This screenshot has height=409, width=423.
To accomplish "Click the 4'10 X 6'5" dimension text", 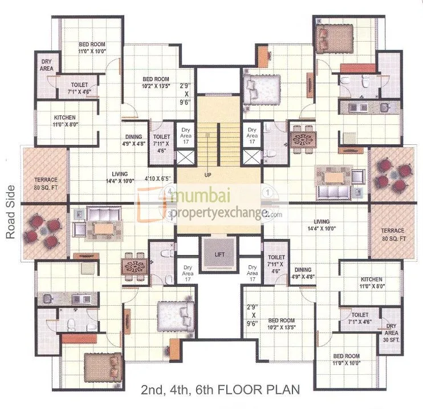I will tap(158, 178).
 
